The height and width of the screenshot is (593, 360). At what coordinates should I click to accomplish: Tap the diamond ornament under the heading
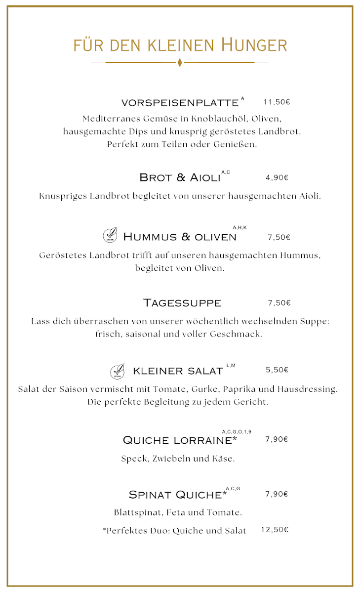pos(180,63)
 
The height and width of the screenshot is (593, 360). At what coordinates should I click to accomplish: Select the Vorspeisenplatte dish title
pos(180,103)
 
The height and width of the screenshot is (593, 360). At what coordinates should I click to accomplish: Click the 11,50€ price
pos(277,102)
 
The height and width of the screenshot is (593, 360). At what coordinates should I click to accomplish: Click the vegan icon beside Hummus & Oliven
pos(110,236)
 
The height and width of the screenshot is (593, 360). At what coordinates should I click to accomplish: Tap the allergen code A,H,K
pos(240,227)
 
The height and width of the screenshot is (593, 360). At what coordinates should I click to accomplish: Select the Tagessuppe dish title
pos(182,302)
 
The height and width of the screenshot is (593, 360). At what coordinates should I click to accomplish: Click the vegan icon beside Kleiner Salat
pos(118,370)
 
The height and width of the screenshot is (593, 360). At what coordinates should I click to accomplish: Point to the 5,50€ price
pos(277,370)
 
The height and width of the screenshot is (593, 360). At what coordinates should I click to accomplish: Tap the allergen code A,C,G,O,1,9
pos(237,432)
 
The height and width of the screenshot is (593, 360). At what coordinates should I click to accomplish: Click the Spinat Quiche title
pos(175,495)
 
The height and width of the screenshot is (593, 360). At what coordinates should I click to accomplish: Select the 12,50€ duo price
pos(275,530)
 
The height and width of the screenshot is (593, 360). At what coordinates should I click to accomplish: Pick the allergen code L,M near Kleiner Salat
pos(231,366)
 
